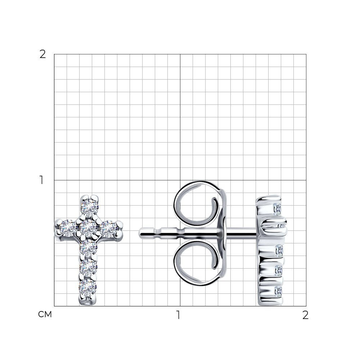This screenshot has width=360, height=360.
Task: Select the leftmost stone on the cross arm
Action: click(x=68, y=228)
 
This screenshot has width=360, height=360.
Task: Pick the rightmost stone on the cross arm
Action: click(x=109, y=229)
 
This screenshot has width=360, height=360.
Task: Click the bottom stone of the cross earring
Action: click(x=88, y=288)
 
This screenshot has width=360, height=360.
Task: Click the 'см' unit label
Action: click(x=45, y=314)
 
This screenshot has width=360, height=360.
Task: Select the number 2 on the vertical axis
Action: click(x=43, y=54)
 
